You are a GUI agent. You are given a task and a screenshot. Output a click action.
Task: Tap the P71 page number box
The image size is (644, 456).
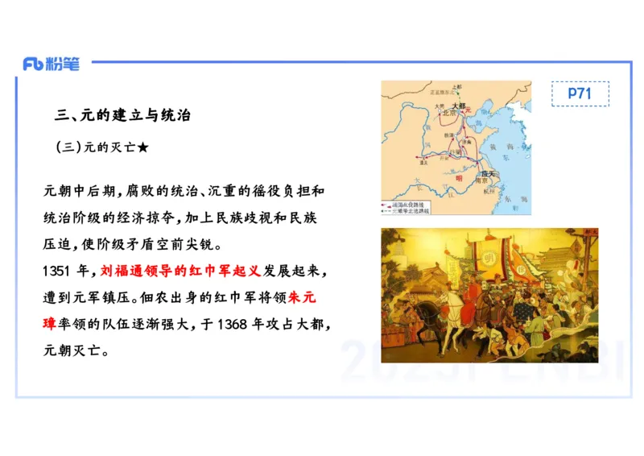click(580, 93)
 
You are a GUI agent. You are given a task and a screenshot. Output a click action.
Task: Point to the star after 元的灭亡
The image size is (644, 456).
click(142, 148)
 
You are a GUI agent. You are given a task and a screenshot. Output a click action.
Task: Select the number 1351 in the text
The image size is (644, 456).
click(59, 270)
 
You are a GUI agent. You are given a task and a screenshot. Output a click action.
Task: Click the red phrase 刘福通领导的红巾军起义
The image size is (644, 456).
click(181, 270)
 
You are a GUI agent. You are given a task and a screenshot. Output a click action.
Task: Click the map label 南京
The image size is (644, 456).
click(486, 181)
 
